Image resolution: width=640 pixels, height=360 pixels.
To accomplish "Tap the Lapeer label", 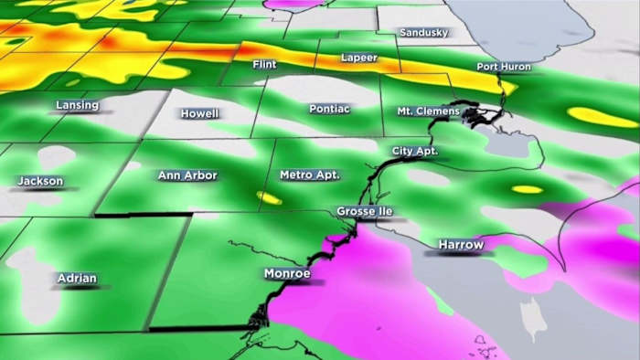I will point(358,58).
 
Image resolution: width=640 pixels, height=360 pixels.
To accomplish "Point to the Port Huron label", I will point(504,67).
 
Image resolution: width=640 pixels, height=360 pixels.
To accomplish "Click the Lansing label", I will point(77,105).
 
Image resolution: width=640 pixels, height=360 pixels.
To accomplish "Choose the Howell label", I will point(200,113).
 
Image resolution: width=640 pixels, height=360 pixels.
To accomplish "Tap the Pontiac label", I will point(328,108).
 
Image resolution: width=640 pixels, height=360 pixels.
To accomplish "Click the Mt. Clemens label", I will point(427,111).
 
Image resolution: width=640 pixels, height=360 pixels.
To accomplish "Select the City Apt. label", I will point(415,150).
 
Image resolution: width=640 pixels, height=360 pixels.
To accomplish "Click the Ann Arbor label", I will point(187,175).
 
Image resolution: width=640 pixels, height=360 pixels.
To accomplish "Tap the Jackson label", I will point(41,181).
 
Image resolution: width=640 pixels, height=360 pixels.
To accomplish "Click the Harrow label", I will point(460,245).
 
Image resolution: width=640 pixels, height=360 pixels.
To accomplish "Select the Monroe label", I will point(287,273).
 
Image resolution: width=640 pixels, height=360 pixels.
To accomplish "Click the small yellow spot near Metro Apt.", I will point(269,196).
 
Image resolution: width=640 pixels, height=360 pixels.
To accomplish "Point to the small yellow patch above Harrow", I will point(527,189).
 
